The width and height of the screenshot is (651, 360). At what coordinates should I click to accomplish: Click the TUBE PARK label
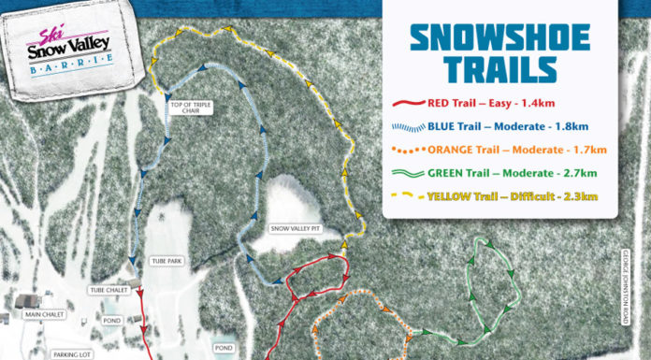click(166, 260)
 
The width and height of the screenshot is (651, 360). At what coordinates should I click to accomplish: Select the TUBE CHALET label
click(108, 290)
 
